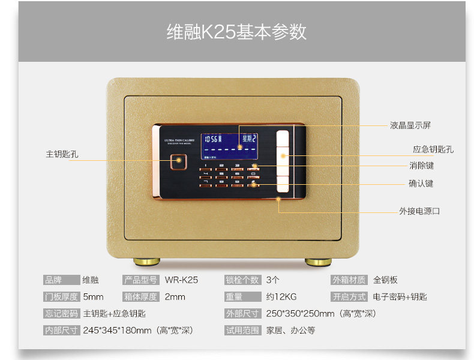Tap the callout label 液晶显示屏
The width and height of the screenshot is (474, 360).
pos(410,125)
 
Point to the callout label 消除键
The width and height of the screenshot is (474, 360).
pos(421,166)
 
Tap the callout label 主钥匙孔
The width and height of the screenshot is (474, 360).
pos(62,154)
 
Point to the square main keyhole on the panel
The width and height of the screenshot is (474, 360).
pos(178,161)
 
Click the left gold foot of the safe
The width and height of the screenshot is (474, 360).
pos(146,262)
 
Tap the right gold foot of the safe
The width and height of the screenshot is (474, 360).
pos(317,262)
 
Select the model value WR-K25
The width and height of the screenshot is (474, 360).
pos(181,280)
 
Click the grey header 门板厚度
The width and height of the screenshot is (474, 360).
pos(61,297)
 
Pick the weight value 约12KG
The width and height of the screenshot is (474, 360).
pos(282,297)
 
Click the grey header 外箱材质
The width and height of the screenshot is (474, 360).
pos(348,280)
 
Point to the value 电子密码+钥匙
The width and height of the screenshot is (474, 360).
pos(400,297)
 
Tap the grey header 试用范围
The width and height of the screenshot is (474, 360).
pos(242,330)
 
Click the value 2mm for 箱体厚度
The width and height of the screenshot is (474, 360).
pos(175,297)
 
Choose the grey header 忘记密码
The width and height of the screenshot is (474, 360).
pos(61,313)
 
